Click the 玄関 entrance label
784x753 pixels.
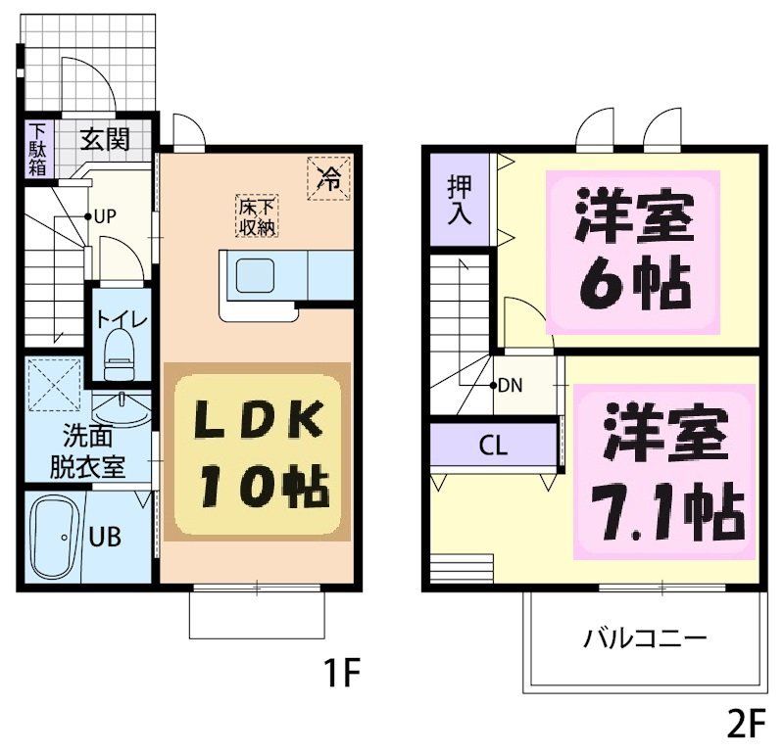tap(105, 139)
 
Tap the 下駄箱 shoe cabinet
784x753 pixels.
tap(36, 148)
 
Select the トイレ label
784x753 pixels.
tap(122, 319)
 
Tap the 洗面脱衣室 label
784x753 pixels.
tap(87, 450)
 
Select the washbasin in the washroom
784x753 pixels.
tap(122, 403)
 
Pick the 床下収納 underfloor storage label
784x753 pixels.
tap(257, 216)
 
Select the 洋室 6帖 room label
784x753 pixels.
tap(634, 251)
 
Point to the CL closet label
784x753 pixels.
tap(493, 446)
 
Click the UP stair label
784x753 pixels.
tap(106, 216)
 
